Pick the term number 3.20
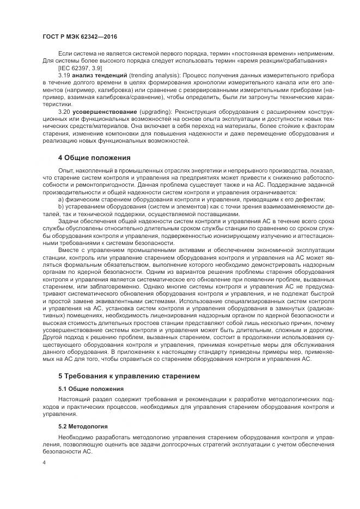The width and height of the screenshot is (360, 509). (64, 112)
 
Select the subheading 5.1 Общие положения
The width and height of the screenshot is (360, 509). (90, 389)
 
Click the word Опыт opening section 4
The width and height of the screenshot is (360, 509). (65, 171)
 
